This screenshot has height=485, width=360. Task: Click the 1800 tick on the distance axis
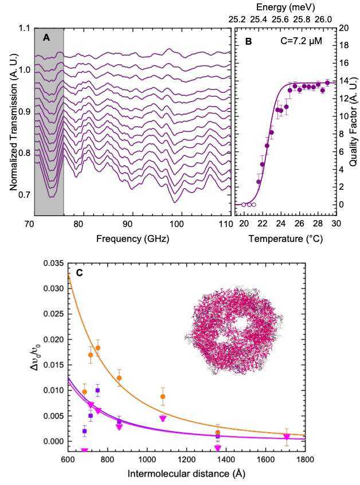pyautogui.click(x=304, y=460)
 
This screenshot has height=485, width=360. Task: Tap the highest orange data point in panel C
pyautogui.click(x=98, y=348)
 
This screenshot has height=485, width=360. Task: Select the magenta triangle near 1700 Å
pyautogui.click(x=287, y=437)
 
